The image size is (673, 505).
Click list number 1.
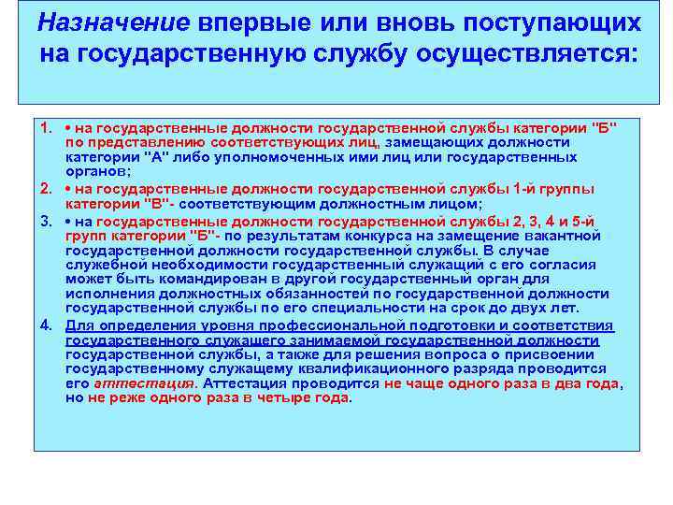(45, 126)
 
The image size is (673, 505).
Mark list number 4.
(45, 325)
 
